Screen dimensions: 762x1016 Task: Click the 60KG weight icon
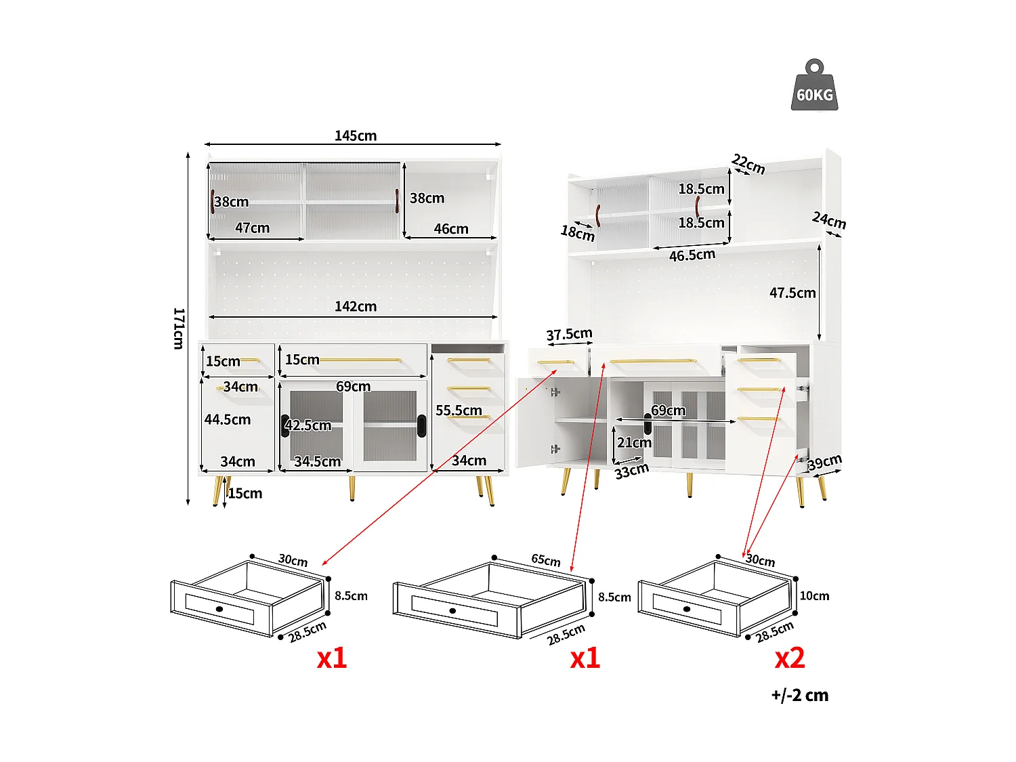(x=814, y=86)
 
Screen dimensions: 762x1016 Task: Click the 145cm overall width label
(x=355, y=135)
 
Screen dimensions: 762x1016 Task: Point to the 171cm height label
(x=178, y=329)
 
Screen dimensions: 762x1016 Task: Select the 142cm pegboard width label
(x=355, y=306)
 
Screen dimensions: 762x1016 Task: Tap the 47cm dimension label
(x=252, y=228)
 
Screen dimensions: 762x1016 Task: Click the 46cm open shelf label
(x=451, y=229)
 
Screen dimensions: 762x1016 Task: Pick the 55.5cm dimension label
(x=459, y=410)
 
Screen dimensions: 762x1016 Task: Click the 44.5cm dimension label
(x=228, y=419)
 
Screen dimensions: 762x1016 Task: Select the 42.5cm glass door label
(x=308, y=425)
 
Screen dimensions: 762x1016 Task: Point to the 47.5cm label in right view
(x=792, y=293)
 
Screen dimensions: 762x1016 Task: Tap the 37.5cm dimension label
(x=569, y=334)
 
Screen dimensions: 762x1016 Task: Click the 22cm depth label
(x=748, y=164)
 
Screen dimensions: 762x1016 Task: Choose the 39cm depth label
(x=824, y=462)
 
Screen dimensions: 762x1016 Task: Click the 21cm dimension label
(x=634, y=442)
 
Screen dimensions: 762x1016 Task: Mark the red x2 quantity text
(x=790, y=658)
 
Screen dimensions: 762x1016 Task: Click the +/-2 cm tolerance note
(x=799, y=695)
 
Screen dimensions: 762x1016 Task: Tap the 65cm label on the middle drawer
(x=546, y=560)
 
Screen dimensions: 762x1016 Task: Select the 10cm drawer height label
(x=814, y=596)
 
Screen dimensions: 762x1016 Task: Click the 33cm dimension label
(x=631, y=471)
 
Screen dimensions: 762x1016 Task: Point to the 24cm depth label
(x=829, y=220)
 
